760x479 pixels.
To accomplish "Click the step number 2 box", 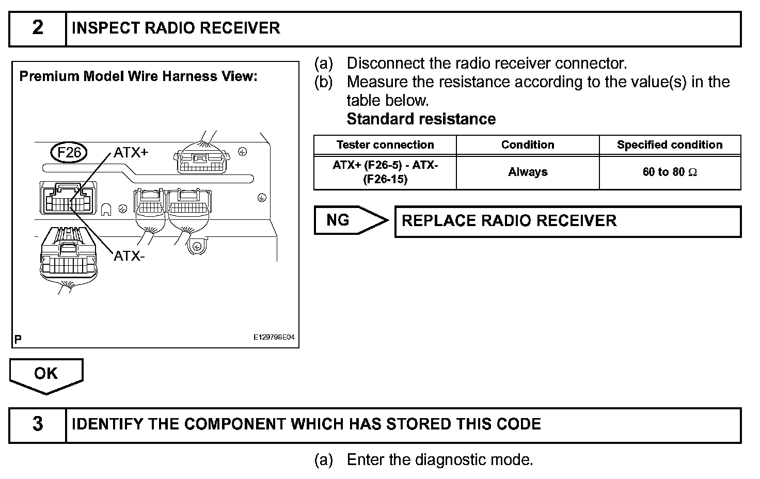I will pyautogui.click(x=38, y=28).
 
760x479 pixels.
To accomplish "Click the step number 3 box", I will pyautogui.click(x=38, y=424).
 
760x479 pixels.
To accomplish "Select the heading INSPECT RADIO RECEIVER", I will pyautogui.click(x=176, y=28).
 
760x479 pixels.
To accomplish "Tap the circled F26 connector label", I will pyautogui.click(x=69, y=153).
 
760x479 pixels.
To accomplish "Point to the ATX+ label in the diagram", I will pyautogui.click(x=131, y=152).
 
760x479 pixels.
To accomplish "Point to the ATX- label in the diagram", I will pyautogui.click(x=129, y=256).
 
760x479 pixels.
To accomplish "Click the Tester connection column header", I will pyautogui.click(x=385, y=145).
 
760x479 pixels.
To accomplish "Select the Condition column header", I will pyautogui.click(x=527, y=145).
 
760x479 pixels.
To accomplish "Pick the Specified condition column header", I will pyautogui.click(x=670, y=145).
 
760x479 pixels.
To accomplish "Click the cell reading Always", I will pyautogui.click(x=527, y=172).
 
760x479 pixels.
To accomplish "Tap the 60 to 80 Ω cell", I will pyautogui.click(x=670, y=172).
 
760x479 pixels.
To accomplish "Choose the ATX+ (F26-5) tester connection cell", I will pyautogui.click(x=385, y=172).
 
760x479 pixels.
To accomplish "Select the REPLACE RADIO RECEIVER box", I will pyautogui.click(x=567, y=221).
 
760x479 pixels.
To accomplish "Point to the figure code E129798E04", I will pyautogui.click(x=274, y=338).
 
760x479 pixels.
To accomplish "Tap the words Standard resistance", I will pyautogui.click(x=421, y=119).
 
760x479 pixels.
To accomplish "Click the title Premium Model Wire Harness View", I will pyautogui.click(x=138, y=77).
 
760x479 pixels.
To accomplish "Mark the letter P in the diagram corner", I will pyautogui.click(x=18, y=339).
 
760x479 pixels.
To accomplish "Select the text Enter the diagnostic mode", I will pyautogui.click(x=439, y=459).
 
